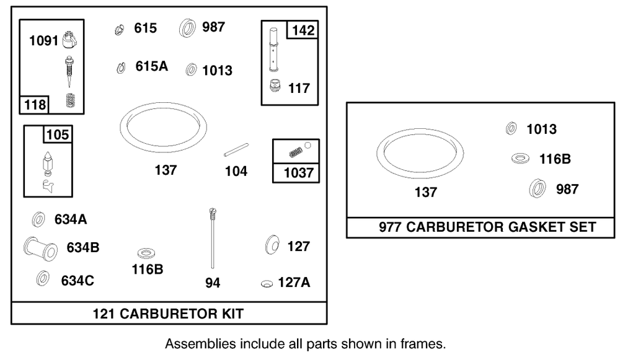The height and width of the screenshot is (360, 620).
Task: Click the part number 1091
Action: click(x=43, y=41)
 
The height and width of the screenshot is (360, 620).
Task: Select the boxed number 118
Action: click(x=35, y=105)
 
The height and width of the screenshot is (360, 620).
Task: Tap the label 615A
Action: click(x=151, y=66)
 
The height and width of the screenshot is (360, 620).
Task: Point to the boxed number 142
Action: click(x=303, y=30)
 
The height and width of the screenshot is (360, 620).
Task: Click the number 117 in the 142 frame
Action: click(x=299, y=88)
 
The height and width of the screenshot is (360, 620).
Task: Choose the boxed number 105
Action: click(x=58, y=134)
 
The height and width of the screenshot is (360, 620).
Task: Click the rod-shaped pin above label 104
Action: click(x=236, y=150)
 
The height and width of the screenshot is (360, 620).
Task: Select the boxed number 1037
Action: click(x=299, y=173)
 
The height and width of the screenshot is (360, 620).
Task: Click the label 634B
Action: click(x=82, y=247)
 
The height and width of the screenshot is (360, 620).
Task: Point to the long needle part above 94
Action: click(x=213, y=238)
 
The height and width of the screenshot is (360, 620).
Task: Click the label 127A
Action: click(x=294, y=283)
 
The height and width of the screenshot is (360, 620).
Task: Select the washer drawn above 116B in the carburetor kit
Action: click(x=146, y=253)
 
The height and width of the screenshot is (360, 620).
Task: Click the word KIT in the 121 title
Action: click(x=232, y=314)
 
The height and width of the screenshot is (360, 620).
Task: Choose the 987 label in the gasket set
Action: click(x=567, y=189)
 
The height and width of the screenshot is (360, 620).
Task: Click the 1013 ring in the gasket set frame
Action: click(x=511, y=129)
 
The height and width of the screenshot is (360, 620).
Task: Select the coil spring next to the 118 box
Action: click(x=71, y=100)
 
